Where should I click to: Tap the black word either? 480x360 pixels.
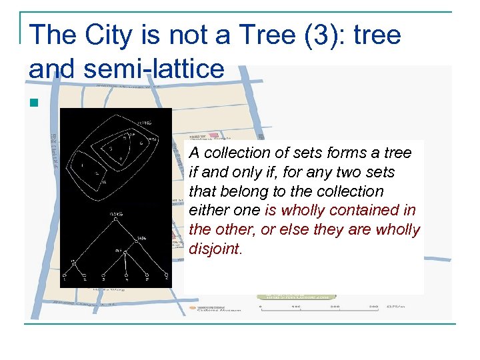tap(208, 211)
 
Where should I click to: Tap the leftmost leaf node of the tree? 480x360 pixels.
tap(64, 274)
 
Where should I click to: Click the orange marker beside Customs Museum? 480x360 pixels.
tap(192, 308)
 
